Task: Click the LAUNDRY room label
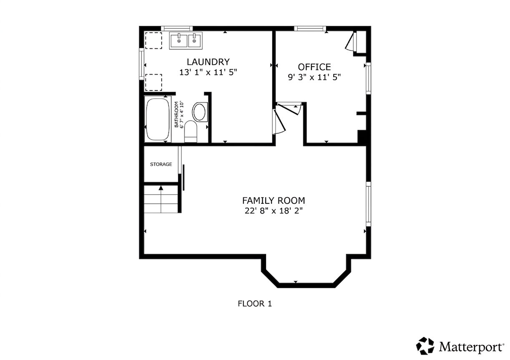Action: pos(208,62)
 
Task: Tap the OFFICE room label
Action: pos(314,67)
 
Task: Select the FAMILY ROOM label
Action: pos(274,200)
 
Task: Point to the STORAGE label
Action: pos(161,164)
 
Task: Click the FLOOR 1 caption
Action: pos(255,304)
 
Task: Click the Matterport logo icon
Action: pos(425,346)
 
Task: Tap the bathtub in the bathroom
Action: pos(158,119)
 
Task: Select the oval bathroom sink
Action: pos(200,112)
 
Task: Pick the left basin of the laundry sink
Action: pos(179,40)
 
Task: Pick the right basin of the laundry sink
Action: pos(194,40)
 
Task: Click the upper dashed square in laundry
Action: pos(154,40)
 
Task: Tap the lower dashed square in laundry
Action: pos(154,82)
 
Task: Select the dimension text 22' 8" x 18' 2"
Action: pos(274,211)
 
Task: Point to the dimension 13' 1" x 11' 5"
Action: pos(208,72)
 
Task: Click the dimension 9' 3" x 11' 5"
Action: pos(314,77)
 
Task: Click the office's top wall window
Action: pos(310,28)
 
